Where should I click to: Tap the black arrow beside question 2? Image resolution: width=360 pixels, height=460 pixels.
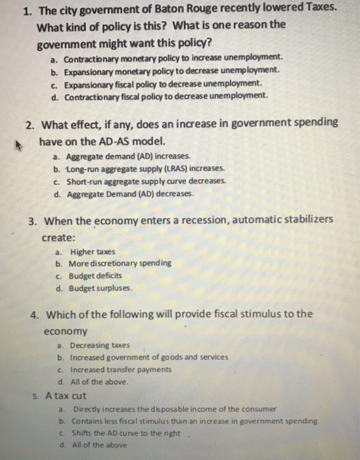(x=24, y=140)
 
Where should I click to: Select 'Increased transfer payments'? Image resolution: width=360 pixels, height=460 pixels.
(x=123, y=369)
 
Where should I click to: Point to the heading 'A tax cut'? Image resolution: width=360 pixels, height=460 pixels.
(x=66, y=396)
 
